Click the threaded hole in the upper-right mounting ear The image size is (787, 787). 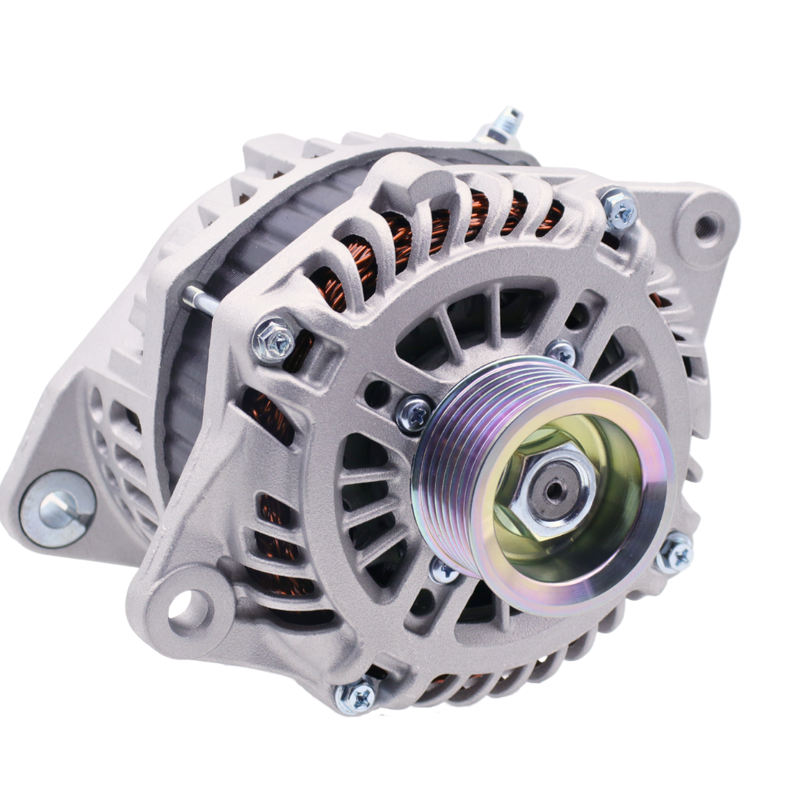coord(706,225)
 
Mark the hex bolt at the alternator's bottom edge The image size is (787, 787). coord(356,696)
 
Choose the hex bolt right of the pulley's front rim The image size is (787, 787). coord(675,551)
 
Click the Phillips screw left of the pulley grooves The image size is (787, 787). coord(415,413)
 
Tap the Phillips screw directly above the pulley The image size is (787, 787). coord(561,352)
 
